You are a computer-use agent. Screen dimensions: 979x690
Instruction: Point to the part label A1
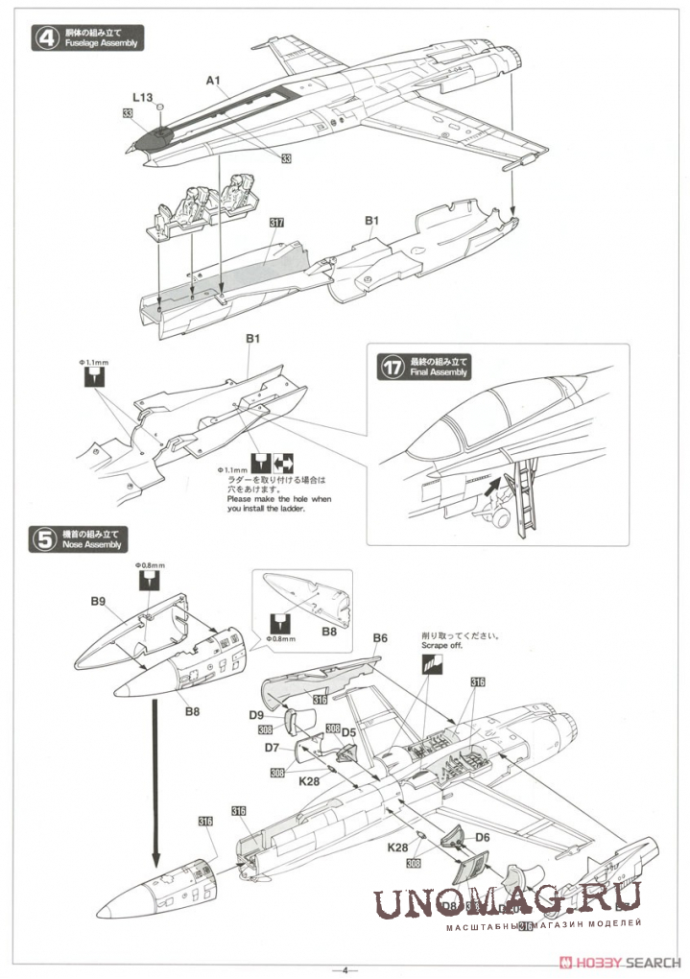[213, 82]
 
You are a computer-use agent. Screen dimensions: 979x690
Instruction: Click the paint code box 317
[276, 222]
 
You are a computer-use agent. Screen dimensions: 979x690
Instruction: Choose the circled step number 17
[392, 366]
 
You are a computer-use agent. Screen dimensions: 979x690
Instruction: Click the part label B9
[98, 601]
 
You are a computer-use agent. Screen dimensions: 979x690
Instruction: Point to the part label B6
[379, 638]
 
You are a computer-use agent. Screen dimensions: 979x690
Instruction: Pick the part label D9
[257, 715]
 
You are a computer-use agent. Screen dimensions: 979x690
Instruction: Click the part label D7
[272, 747]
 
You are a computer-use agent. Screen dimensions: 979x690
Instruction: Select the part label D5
[349, 733]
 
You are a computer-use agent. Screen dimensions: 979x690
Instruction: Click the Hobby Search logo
[624, 962]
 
